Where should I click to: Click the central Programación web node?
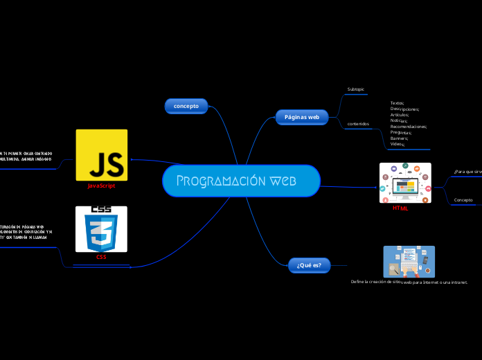click(241, 181)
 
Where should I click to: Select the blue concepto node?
click(186, 106)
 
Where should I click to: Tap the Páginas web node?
click(302, 117)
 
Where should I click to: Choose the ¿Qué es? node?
click(309, 264)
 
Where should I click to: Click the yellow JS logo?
click(101, 155)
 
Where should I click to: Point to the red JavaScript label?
click(101, 186)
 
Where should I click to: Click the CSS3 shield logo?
click(101, 228)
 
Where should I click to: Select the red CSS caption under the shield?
click(101, 257)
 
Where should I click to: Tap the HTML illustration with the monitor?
click(405, 183)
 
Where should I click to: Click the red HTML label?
click(400, 208)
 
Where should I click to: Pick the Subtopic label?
click(355, 89)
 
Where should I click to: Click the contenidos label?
click(358, 124)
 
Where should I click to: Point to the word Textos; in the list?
click(398, 102)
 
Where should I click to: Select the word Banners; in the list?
click(399, 138)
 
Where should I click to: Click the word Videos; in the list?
click(398, 144)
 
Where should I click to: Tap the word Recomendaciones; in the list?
click(409, 127)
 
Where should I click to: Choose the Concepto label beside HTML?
click(463, 200)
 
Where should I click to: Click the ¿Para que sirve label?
click(468, 171)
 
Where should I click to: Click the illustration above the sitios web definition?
click(409, 262)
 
